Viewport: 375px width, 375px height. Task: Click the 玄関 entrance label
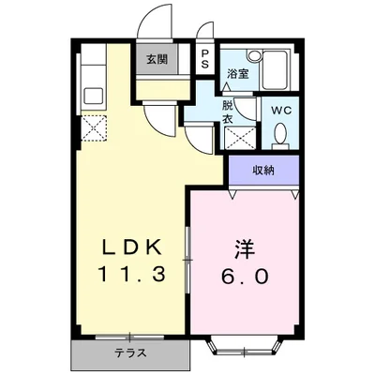[156, 60]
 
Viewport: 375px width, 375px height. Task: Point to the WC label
[280, 111]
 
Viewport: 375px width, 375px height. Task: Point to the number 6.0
[247, 277]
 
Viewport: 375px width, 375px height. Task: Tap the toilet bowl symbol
[279, 138]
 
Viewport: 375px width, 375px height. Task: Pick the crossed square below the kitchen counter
[94, 127]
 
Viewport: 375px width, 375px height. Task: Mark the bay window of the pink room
[243, 350]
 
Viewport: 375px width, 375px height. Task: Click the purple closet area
[263, 170]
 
